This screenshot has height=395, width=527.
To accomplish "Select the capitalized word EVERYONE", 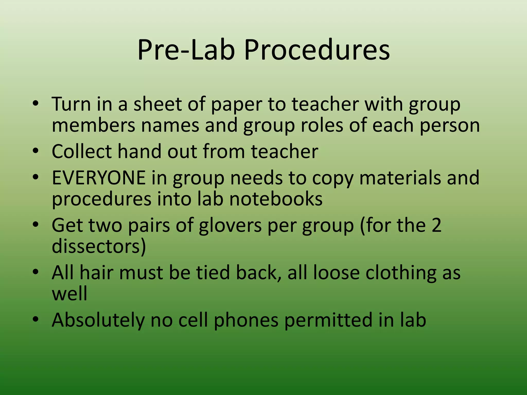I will pyautogui.click(x=99, y=178).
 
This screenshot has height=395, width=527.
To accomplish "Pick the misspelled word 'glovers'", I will pyautogui.click(x=230, y=226).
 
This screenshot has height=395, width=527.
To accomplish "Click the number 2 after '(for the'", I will pyautogui.click(x=436, y=225).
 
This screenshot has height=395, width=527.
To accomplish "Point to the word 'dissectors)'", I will pyautogui.click(x=99, y=246).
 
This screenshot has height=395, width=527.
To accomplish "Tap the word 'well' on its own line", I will pyautogui.click(x=69, y=294).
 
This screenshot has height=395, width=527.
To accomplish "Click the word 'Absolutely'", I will pyautogui.click(x=98, y=320).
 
